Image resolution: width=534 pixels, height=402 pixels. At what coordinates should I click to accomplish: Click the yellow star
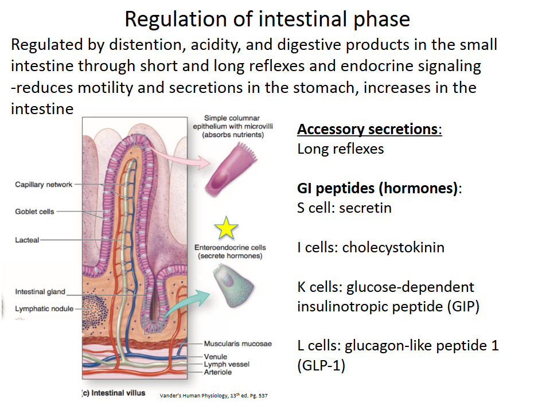[227, 229]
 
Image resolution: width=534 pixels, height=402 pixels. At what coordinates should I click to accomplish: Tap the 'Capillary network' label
[44, 185]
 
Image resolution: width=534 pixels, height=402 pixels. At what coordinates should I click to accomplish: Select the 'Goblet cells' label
[34, 212]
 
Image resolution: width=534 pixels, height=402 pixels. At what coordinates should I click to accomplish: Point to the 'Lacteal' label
[28, 240]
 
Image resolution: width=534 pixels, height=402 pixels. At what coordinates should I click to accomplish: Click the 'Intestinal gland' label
[40, 292]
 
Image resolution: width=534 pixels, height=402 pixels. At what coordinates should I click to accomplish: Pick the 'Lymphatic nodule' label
[44, 309]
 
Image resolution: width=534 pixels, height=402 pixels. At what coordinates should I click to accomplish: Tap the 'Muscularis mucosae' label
[237, 344]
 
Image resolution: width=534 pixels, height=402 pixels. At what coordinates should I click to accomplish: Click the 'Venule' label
[216, 357]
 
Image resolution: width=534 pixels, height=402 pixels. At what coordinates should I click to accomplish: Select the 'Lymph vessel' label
[227, 364]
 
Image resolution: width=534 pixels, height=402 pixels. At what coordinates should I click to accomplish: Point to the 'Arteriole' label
[219, 372]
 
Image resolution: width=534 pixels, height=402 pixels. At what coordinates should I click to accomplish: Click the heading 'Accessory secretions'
[367, 129]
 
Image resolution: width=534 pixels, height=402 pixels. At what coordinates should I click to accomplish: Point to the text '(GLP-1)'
[321, 365]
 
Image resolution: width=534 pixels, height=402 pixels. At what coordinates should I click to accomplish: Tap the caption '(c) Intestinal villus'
[114, 393]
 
